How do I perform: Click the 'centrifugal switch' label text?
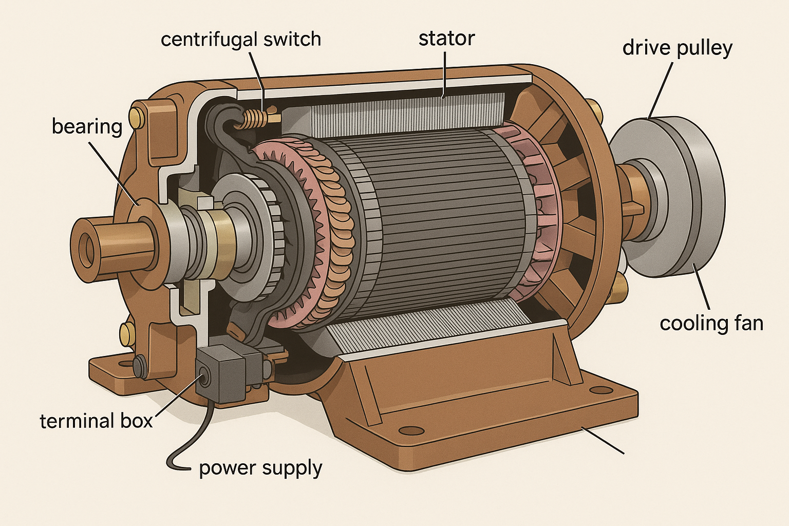(240, 40)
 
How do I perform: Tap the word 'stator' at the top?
(446, 39)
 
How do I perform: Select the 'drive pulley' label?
(677, 48)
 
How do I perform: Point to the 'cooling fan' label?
(711, 324)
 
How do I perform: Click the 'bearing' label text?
(87, 126)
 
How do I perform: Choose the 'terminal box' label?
(96, 421)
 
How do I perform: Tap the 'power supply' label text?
(260, 468)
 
